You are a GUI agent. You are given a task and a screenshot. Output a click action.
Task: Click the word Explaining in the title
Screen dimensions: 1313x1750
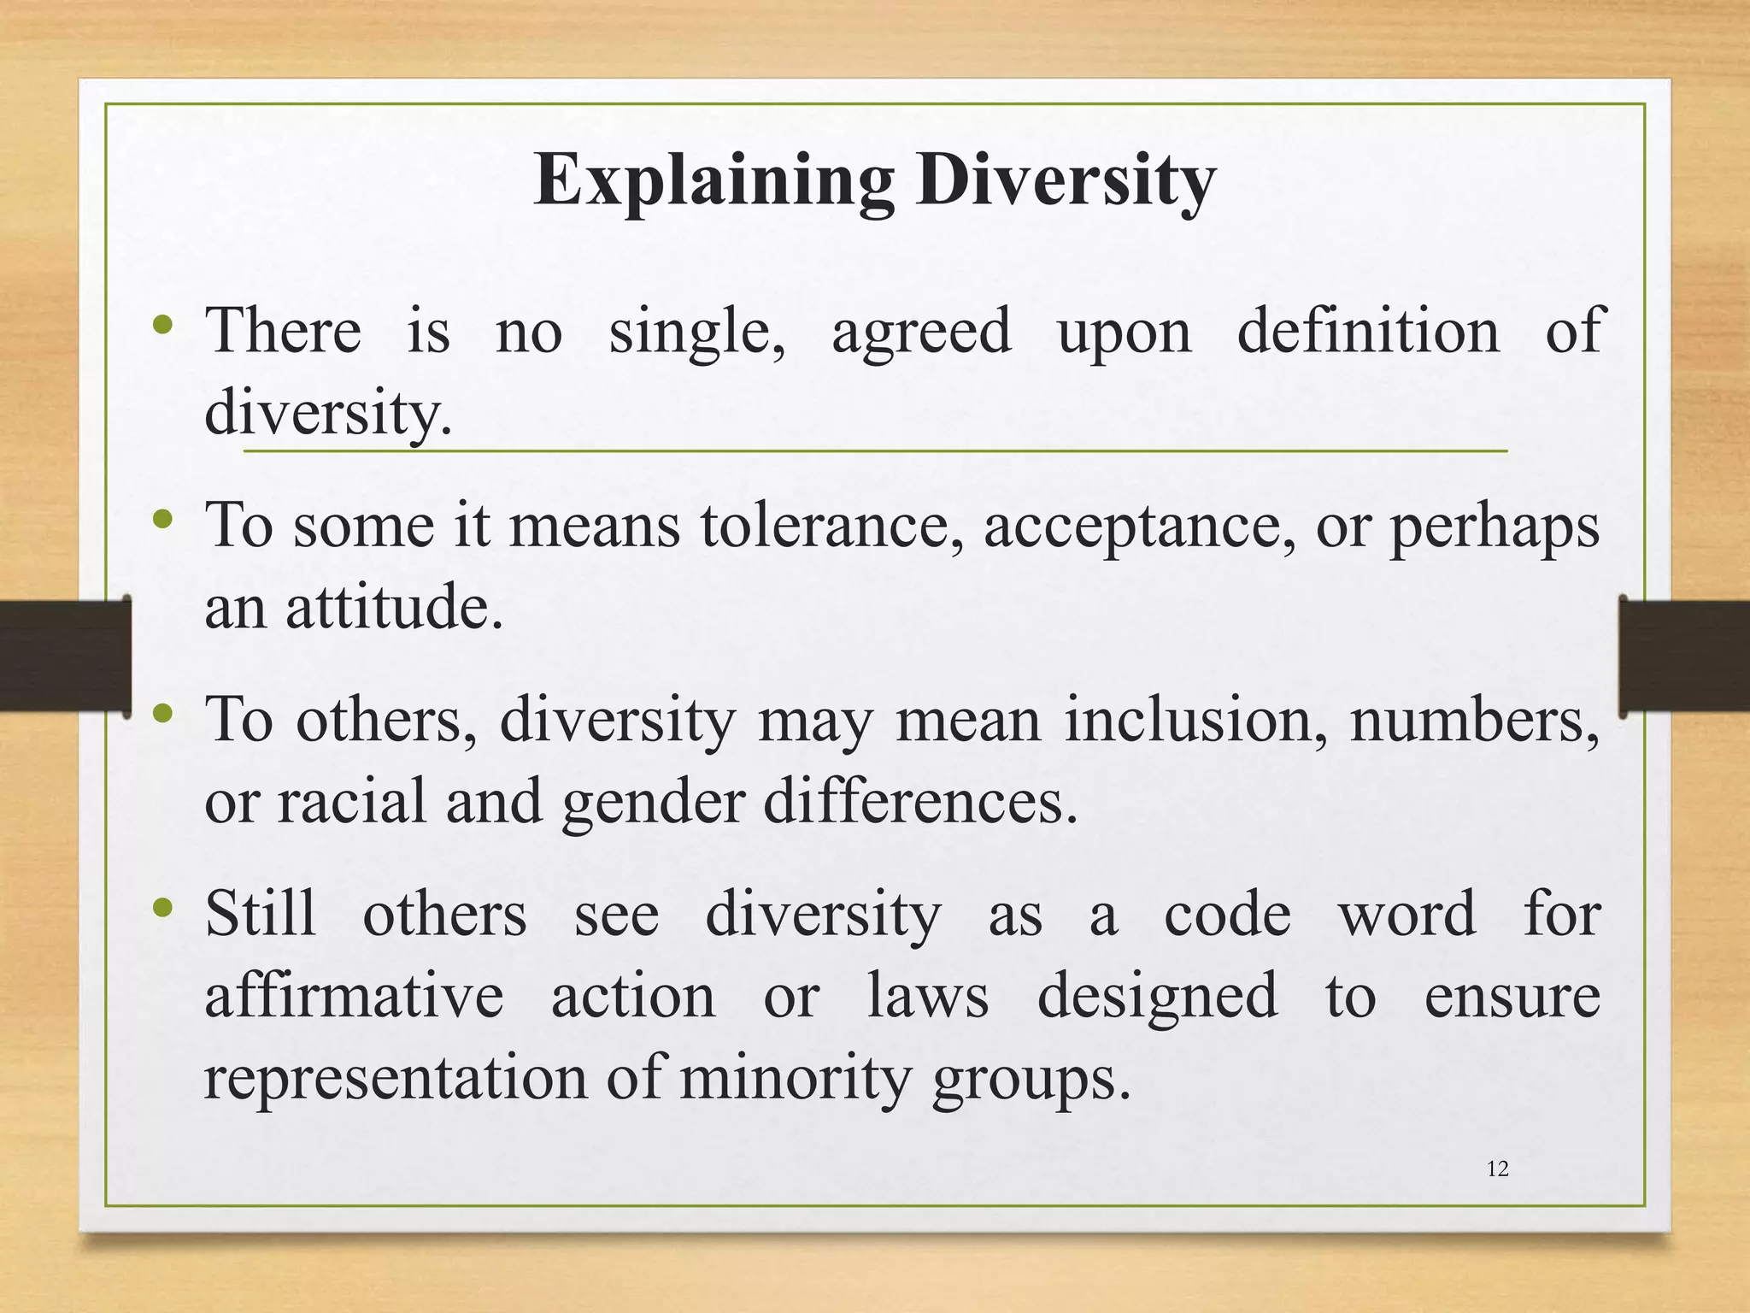coord(714,181)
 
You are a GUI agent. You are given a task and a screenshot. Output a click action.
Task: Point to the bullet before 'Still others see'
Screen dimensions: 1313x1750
coord(163,907)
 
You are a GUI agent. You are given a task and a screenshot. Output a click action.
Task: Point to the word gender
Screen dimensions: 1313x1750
coord(653,804)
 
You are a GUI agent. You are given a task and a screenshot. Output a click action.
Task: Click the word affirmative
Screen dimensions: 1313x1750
coord(354,996)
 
